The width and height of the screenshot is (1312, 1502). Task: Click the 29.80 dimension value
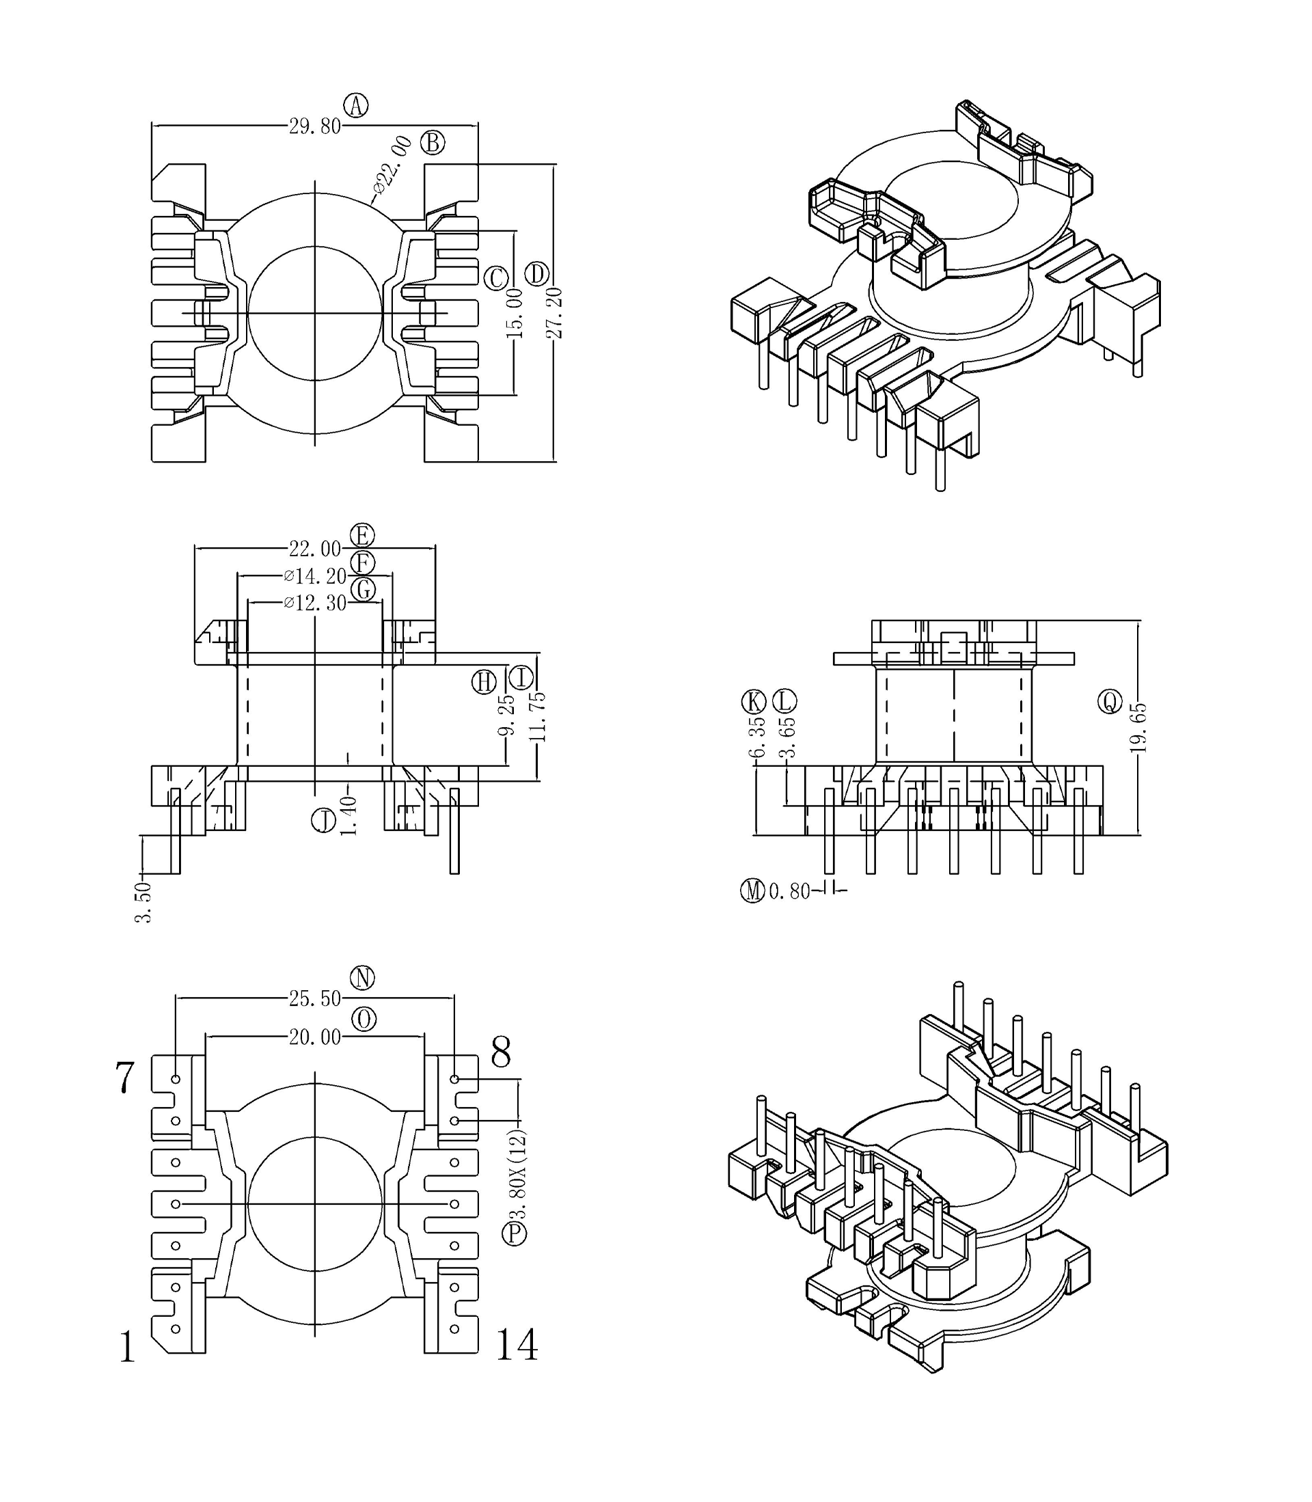point(315,126)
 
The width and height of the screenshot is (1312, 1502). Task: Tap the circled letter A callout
point(357,105)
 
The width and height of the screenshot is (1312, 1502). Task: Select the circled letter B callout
point(433,142)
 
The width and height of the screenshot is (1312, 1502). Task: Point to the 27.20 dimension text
point(554,312)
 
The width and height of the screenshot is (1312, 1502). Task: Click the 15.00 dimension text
point(515,312)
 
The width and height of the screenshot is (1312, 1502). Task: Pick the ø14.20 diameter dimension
point(316,576)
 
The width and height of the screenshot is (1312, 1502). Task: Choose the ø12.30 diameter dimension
point(316,603)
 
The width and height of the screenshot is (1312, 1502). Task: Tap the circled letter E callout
point(362,536)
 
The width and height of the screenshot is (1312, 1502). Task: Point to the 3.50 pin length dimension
point(143,902)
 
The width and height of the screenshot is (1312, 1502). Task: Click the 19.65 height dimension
point(1138,728)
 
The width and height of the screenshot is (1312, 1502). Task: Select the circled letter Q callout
point(1110,702)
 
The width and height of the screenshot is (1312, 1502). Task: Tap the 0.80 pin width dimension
point(789,891)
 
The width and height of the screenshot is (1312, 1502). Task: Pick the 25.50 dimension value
point(315,998)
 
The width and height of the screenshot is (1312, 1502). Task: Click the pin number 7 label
point(125,1078)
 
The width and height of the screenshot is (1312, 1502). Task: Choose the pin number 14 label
point(517,1345)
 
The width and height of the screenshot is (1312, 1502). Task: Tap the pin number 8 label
point(501,1053)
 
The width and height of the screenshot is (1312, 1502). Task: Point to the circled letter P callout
point(514,1233)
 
